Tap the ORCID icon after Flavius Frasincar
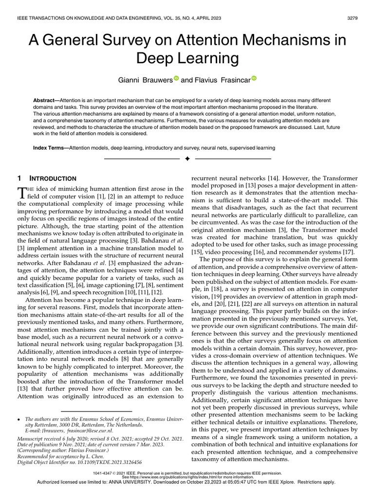[254, 78]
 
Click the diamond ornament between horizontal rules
[187, 159]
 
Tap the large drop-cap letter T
[22, 193]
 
